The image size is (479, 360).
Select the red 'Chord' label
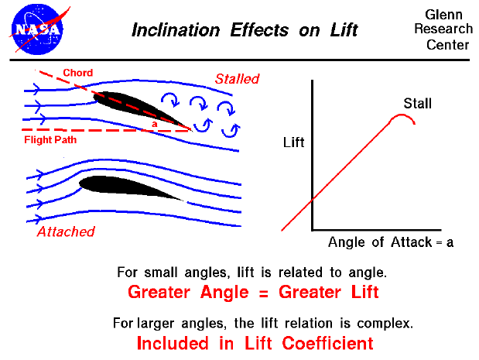(77, 74)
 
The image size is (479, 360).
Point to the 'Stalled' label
(237, 79)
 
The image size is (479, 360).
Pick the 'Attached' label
(66, 231)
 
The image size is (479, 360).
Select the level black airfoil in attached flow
(132, 188)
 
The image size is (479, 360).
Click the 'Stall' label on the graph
(417, 104)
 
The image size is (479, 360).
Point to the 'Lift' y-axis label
(294, 142)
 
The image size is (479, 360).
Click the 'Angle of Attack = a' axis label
(391, 242)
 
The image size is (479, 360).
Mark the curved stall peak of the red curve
(403, 117)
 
